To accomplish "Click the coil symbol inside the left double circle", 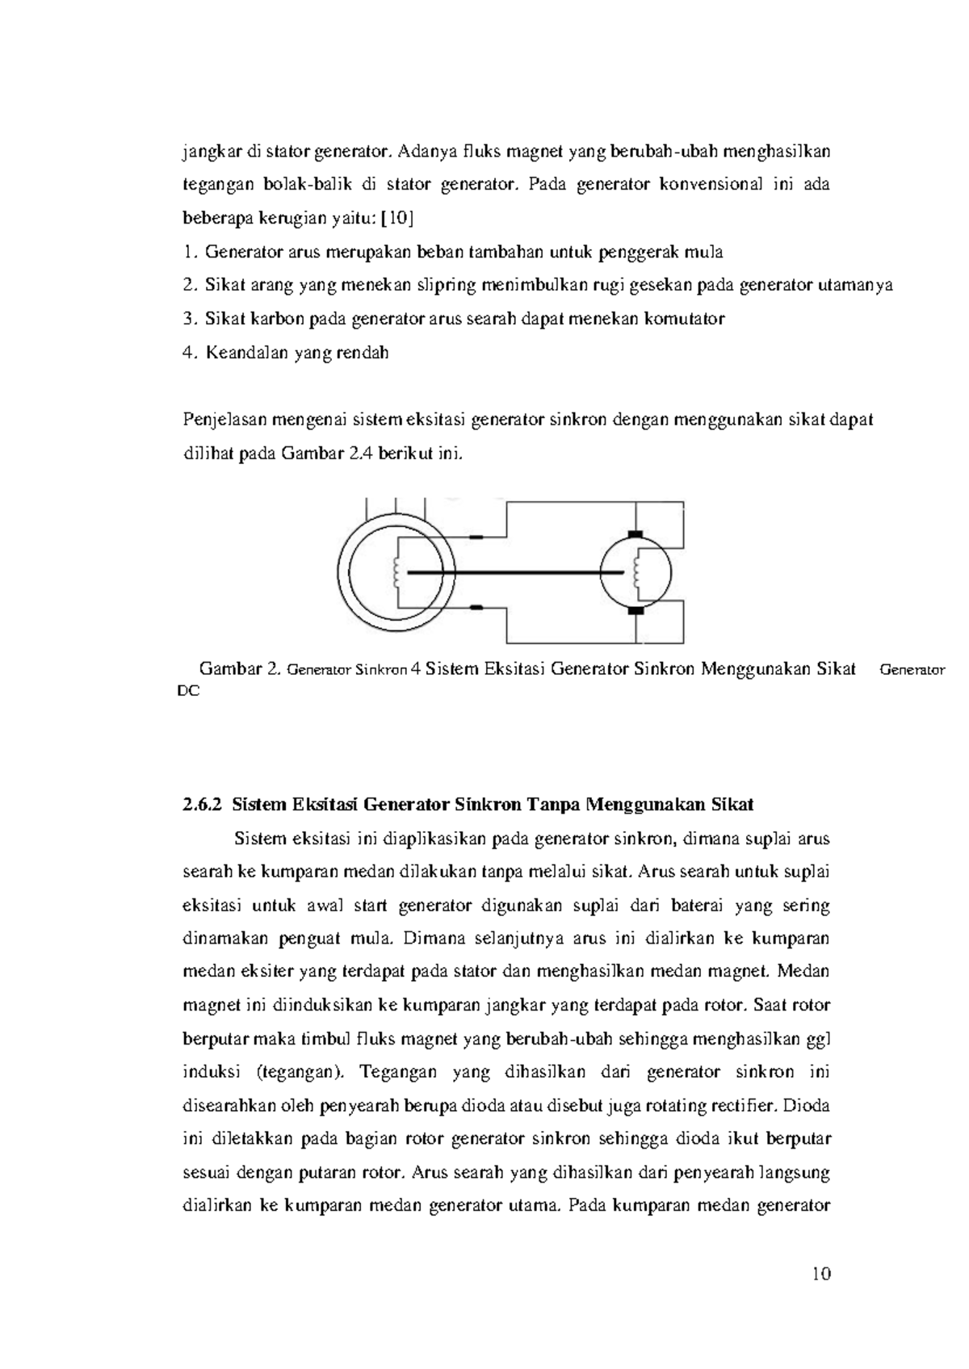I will pos(396,572).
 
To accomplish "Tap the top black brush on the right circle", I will pos(636,534).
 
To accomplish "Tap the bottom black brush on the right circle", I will pos(636,611).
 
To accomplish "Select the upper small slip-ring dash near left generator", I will pos(476,537).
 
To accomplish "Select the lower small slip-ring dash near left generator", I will pos(476,607).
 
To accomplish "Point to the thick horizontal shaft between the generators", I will pos(517,572).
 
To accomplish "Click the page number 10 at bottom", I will pos(821,1274).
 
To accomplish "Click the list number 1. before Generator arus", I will pos(190,252).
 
